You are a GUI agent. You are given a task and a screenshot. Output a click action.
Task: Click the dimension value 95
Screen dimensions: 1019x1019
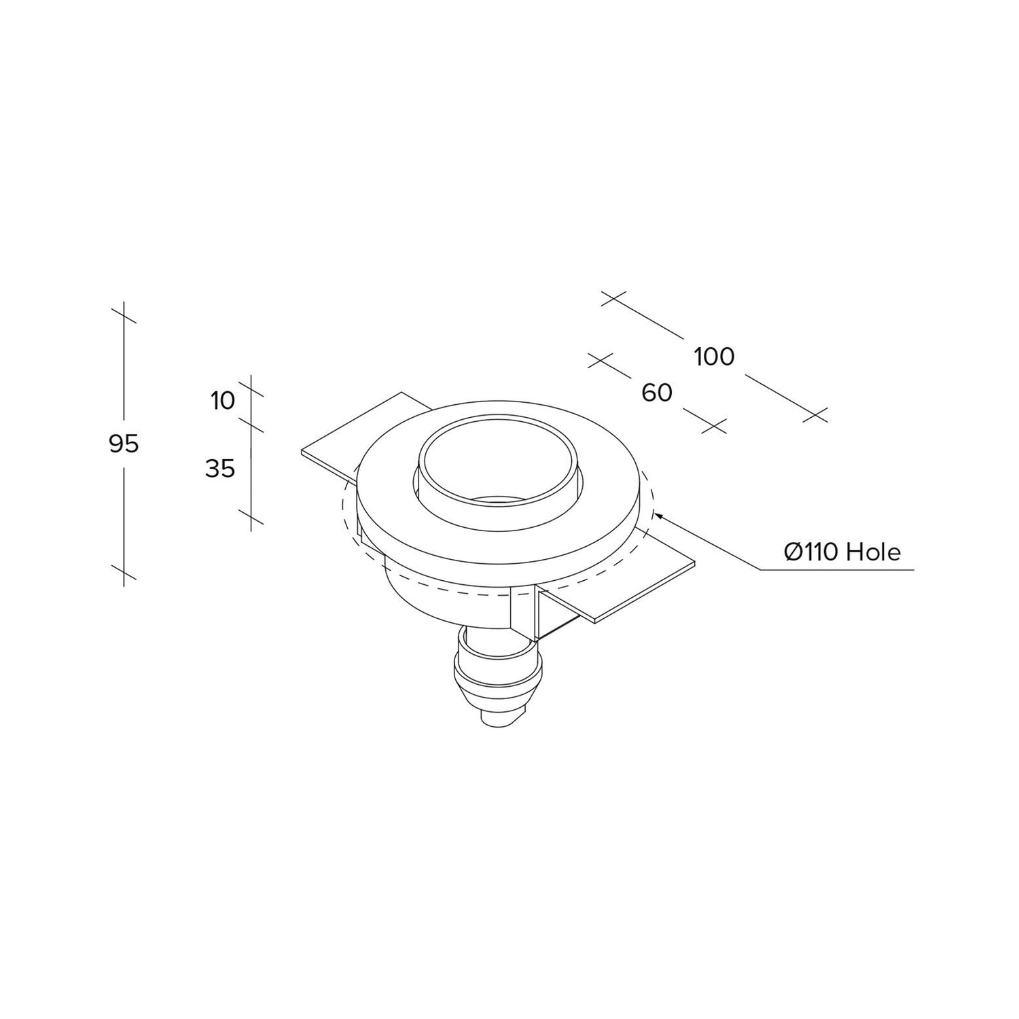coord(124,444)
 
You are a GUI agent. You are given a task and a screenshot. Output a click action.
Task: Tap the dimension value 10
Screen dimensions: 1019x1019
coord(222,401)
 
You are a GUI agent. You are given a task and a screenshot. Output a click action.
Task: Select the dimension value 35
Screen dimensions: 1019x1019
coord(220,468)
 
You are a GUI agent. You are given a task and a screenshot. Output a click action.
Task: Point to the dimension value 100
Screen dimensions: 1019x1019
coord(715,357)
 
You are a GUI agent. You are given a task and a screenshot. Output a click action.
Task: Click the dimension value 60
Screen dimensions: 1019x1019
coord(657,393)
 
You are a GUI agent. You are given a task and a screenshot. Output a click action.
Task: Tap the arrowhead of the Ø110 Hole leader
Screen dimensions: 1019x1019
coord(656,515)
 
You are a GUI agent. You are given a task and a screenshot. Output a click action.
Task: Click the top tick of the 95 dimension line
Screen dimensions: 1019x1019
coord(124,315)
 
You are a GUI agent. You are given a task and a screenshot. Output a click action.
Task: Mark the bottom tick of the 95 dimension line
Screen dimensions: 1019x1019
coord(124,572)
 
